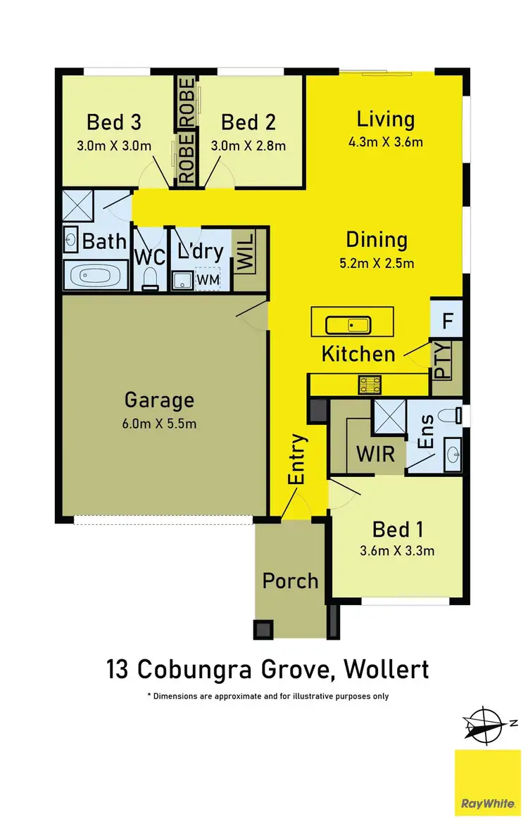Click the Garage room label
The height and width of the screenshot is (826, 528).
click(x=158, y=400)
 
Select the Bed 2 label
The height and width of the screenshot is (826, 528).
click(x=249, y=122)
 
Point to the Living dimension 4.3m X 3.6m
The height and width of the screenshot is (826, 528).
click(x=385, y=142)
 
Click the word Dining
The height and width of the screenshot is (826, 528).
click(x=376, y=240)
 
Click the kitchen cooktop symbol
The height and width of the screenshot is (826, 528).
click(x=370, y=384)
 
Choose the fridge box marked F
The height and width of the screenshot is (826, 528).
click(x=447, y=322)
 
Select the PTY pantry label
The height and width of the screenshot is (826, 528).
click(x=444, y=360)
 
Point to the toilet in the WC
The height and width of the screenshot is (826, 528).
click(x=150, y=280)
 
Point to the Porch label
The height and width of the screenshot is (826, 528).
click(x=290, y=581)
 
